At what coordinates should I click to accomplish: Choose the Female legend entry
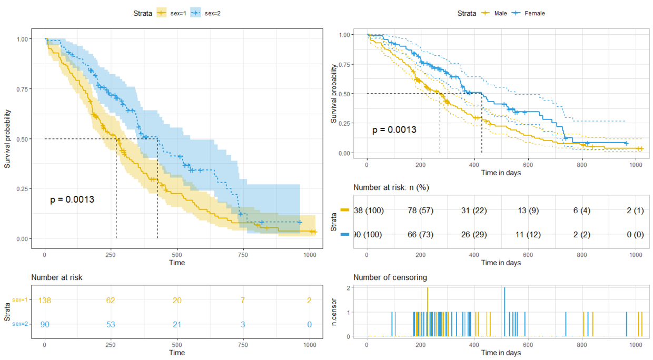tap(528, 13)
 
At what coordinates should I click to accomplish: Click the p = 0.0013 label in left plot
tap(72, 200)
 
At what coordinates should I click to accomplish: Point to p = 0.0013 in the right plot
tap(394, 129)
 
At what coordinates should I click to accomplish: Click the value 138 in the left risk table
tap(45, 301)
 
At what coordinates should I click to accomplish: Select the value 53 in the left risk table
tap(111, 325)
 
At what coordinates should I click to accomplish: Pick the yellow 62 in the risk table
tap(111, 301)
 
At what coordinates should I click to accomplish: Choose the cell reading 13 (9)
tap(529, 211)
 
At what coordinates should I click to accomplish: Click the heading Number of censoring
tap(390, 277)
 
